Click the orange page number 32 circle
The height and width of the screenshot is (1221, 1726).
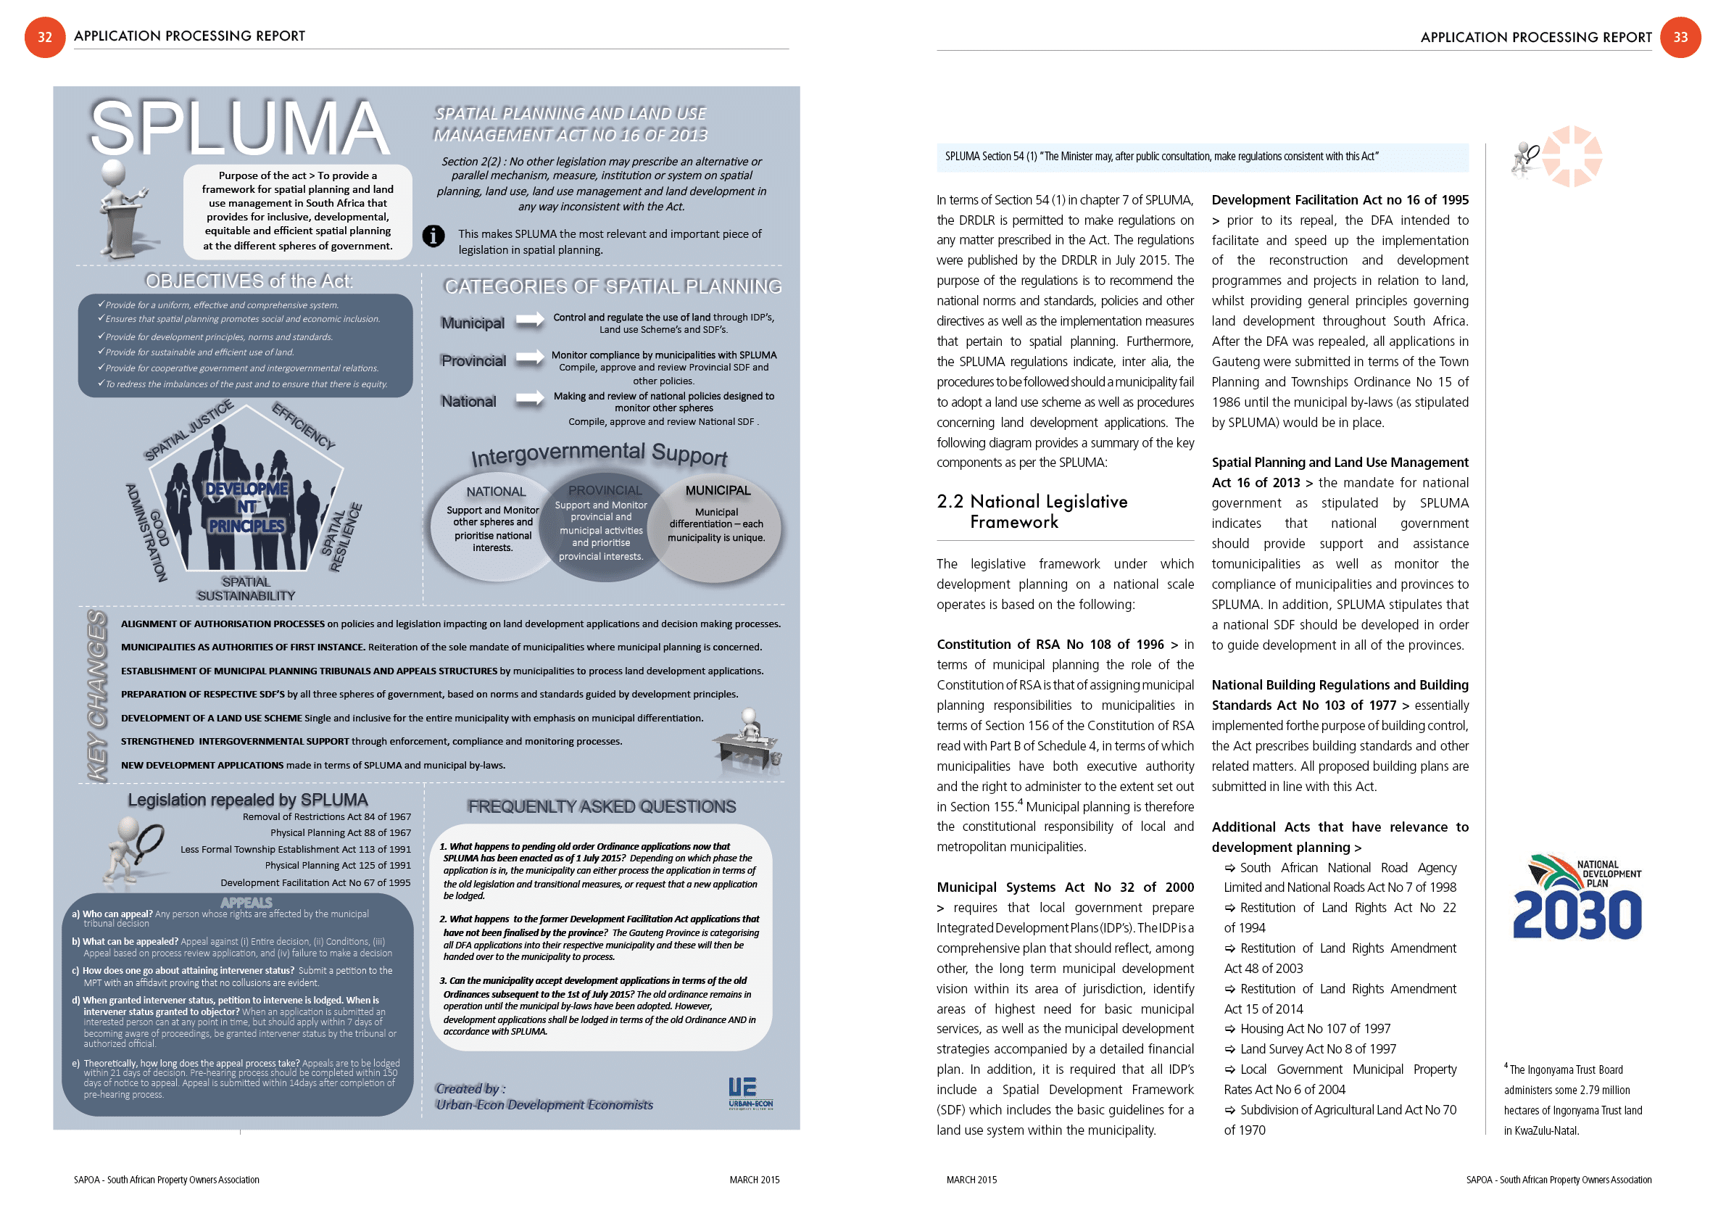(x=44, y=37)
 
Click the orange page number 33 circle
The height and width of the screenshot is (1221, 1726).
(x=1680, y=37)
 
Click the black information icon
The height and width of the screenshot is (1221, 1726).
(x=433, y=236)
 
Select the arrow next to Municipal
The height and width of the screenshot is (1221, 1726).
(x=530, y=320)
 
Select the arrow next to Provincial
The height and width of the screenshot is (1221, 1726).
(x=530, y=358)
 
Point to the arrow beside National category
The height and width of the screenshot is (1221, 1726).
(x=530, y=399)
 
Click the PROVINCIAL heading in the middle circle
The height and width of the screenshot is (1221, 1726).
(x=605, y=490)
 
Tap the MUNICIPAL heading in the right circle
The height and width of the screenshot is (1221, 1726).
(x=717, y=490)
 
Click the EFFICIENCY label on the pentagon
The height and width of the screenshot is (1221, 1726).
(x=303, y=426)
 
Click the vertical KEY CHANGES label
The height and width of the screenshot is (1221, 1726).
(x=97, y=695)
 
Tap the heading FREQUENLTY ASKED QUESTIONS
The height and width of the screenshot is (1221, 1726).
(x=602, y=807)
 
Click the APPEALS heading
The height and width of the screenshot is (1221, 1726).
(x=246, y=902)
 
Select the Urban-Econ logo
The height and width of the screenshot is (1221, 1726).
(x=750, y=1093)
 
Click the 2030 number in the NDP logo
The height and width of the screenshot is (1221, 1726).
(x=1577, y=915)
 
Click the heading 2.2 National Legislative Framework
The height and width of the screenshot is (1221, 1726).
(x=1032, y=511)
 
